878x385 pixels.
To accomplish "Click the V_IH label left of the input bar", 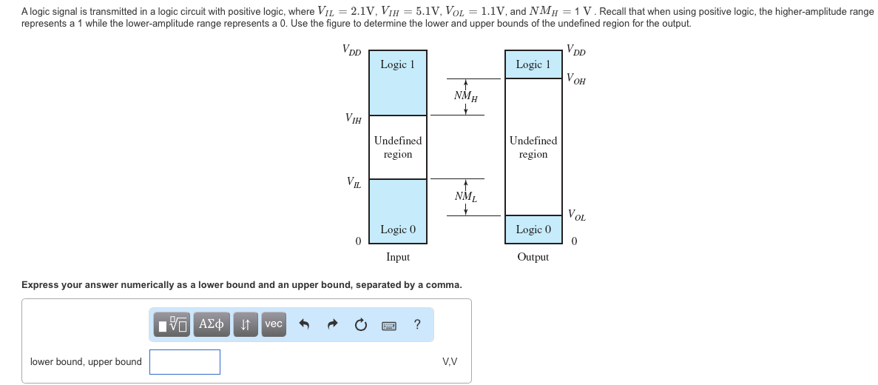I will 354,118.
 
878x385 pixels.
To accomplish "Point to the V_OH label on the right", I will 575,79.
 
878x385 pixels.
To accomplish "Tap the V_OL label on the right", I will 575,216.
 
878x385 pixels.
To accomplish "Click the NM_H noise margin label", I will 465,96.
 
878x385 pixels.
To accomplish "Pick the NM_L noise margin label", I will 465,197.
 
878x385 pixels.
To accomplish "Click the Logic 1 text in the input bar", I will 397,64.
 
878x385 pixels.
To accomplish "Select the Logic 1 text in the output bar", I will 533,64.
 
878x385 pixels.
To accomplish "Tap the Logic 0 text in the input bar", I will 397,230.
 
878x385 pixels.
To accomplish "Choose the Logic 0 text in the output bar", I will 533,230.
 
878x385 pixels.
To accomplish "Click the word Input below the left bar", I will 397,257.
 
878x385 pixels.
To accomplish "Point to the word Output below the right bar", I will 533,257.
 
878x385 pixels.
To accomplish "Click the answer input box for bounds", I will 185,362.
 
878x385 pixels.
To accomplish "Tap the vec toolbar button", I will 273,324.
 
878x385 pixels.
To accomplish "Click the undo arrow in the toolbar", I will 303,324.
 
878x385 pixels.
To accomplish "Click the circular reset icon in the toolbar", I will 360,324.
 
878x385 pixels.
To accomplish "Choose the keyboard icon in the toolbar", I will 389,325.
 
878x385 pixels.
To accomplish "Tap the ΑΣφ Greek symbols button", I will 212,324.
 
